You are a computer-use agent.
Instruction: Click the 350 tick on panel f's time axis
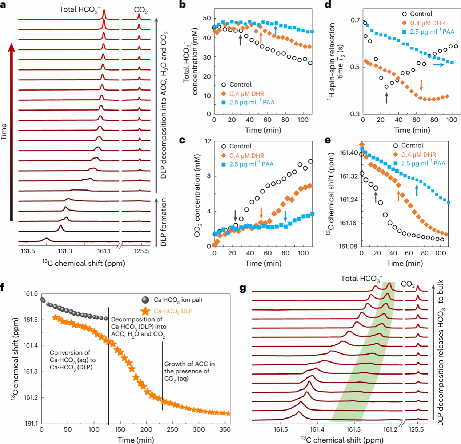pos(225,429)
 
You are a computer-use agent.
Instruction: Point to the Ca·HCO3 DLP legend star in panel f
pos(145,311)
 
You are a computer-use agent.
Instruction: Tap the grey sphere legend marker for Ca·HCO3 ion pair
pos(145,300)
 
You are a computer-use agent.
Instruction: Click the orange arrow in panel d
pos(421,85)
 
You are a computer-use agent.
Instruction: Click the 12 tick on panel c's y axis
pos(208,141)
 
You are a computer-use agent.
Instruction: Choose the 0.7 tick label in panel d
pos(355,20)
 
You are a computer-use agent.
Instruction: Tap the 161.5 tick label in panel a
pos(28,251)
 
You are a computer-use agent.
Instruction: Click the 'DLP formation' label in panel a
pos(164,222)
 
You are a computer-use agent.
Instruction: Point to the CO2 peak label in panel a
pos(141,11)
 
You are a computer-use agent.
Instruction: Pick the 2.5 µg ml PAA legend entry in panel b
pos(252,102)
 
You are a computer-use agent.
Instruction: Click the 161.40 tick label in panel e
pos(349,153)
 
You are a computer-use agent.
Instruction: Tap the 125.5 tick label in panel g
pos(416,429)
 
